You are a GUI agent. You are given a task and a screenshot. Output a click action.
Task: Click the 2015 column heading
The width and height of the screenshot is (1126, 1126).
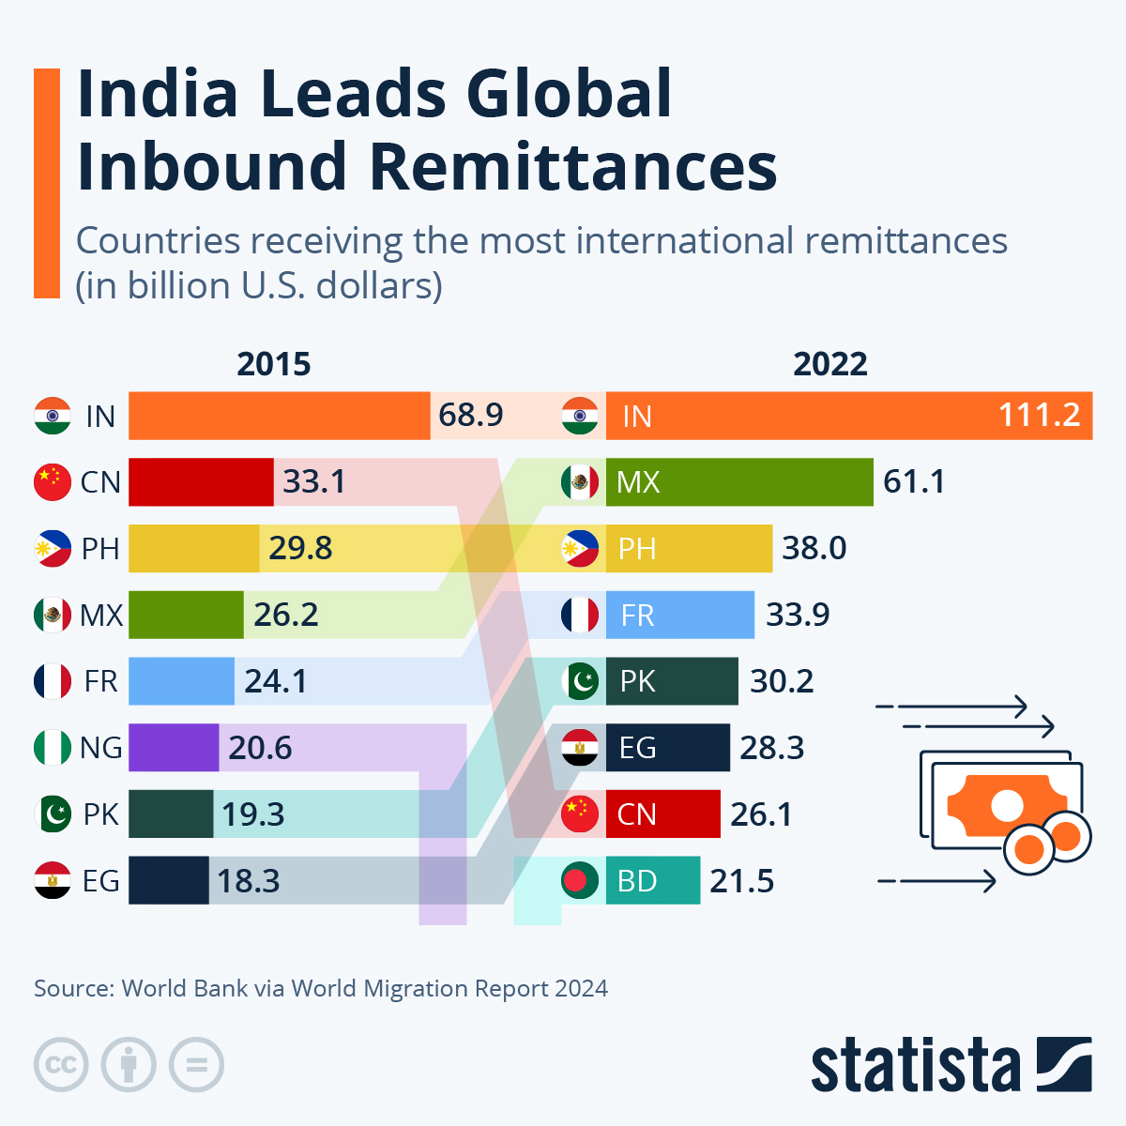pyautogui.click(x=273, y=364)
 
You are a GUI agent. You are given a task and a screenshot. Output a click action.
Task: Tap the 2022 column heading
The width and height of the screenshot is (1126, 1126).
pyautogui.click(x=829, y=364)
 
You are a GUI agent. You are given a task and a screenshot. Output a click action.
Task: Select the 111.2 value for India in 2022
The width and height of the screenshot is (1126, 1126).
pyautogui.click(x=1039, y=415)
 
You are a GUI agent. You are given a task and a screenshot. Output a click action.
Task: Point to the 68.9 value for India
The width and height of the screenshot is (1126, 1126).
pyautogui.click(x=471, y=415)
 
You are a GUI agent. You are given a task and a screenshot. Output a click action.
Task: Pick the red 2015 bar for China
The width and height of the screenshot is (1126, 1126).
pyautogui.click(x=201, y=482)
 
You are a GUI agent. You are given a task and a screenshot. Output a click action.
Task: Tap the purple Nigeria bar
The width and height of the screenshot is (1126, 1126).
pyautogui.click(x=174, y=748)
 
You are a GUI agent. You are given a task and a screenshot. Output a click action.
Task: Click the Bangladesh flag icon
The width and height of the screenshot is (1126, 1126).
pyautogui.click(x=580, y=881)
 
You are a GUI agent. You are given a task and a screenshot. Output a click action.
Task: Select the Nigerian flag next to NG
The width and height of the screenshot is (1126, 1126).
pyautogui.click(x=53, y=748)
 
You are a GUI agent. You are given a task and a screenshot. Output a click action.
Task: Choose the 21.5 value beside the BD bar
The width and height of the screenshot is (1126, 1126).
pyautogui.click(x=741, y=881)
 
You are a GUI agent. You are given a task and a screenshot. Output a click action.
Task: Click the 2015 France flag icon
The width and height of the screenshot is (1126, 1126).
pyautogui.click(x=53, y=681)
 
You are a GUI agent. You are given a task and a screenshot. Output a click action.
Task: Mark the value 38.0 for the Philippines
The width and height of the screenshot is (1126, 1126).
pyautogui.click(x=814, y=548)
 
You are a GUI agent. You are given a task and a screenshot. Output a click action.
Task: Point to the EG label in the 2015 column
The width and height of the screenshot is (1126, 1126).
pyautogui.click(x=100, y=881)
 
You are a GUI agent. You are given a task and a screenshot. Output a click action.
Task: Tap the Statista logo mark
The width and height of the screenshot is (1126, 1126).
pyautogui.click(x=1064, y=1064)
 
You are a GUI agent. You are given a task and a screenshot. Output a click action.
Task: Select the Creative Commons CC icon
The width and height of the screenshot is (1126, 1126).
pyautogui.click(x=61, y=1065)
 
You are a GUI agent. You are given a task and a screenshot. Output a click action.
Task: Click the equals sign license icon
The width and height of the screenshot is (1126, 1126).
pyautogui.click(x=196, y=1065)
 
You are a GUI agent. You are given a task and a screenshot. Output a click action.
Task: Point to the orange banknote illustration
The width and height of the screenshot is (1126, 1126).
pyautogui.click(x=1006, y=805)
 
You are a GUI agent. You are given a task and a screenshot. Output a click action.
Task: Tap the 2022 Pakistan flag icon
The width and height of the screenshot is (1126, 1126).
pyautogui.click(x=580, y=681)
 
